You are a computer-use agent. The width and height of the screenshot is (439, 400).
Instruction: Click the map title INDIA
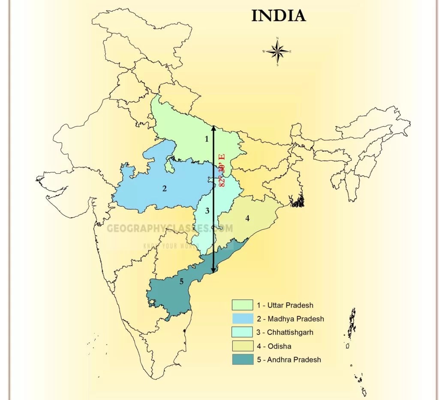pos(278,16)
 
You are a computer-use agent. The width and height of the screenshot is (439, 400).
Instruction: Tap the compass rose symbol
pos(278,52)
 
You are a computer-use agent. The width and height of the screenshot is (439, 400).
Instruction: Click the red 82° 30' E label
pos(222,170)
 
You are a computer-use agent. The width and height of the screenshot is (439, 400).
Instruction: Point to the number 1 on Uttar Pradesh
pos(207,138)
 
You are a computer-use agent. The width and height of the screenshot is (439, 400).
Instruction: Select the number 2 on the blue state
pos(164,188)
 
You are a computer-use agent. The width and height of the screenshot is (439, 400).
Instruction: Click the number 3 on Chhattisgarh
pos(207,211)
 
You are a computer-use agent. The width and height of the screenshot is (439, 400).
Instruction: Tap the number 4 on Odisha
pos(247,218)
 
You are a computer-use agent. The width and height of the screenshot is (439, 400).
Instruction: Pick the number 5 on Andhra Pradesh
pos(182,281)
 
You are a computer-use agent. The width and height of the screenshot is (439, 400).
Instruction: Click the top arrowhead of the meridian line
pos(213,127)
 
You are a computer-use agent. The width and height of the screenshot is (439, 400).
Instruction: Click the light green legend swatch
pos(242,305)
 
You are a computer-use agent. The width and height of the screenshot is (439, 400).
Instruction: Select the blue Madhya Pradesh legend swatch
pos(242,319)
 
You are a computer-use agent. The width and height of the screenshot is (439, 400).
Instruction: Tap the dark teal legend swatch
pos(242,359)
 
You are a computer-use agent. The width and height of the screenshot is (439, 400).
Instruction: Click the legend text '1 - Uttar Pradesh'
pos(285,305)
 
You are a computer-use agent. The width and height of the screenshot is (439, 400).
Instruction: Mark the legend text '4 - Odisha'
pos(274,346)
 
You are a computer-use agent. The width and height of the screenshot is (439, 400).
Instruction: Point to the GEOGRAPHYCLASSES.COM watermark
pos(170,228)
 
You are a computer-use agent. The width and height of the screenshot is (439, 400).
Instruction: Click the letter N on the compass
pos(278,39)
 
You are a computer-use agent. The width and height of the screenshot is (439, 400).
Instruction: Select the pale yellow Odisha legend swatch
pos(242,346)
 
